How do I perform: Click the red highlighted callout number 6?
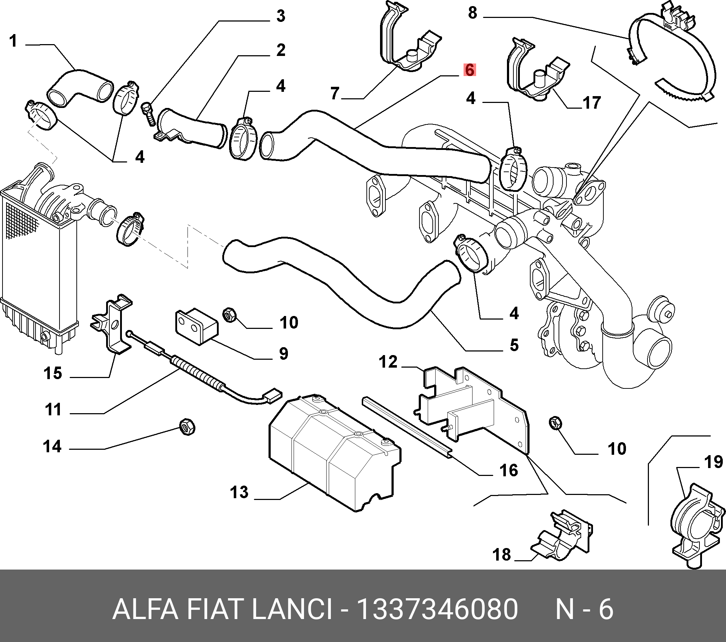pyautogui.click(x=469, y=70)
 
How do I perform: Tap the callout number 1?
pyautogui.click(x=13, y=41)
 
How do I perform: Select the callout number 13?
pyautogui.click(x=239, y=492)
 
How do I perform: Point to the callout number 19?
pyautogui.click(x=713, y=462)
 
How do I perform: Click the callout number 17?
pyautogui.click(x=592, y=103)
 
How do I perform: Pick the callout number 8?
pyautogui.click(x=473, y=13)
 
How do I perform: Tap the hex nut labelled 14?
pyautogui.click(x=187, y=427)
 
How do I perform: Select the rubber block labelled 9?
pyautogui.click(x=196, y=326)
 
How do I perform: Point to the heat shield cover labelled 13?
pyautogui.click(x=333, y=452)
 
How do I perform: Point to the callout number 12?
pyautogui.click(x=388, y=362)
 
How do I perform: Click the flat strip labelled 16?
pyautogui.click(x=407, y=427)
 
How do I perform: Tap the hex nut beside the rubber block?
pyautogui.click(x=229, y=315)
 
